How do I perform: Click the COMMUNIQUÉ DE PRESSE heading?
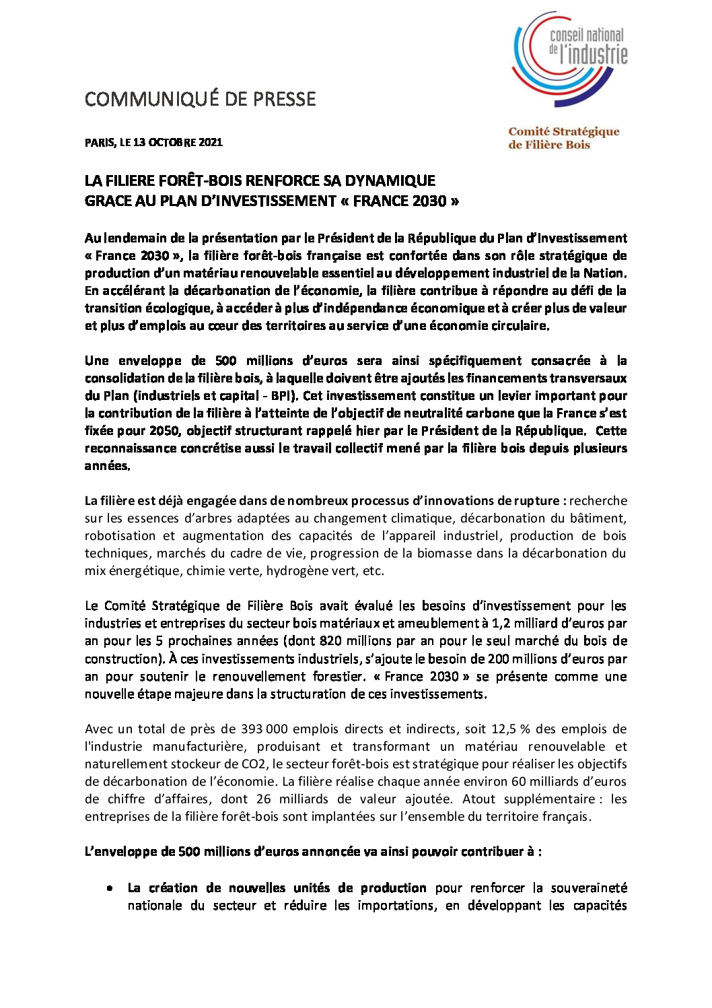(200, 99)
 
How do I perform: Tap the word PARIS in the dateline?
(100, 142)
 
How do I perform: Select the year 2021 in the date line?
(211, 142)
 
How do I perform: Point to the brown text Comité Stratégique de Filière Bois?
(563, 138)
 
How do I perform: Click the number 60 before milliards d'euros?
(518, 781)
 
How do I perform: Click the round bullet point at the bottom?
(109, 888)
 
